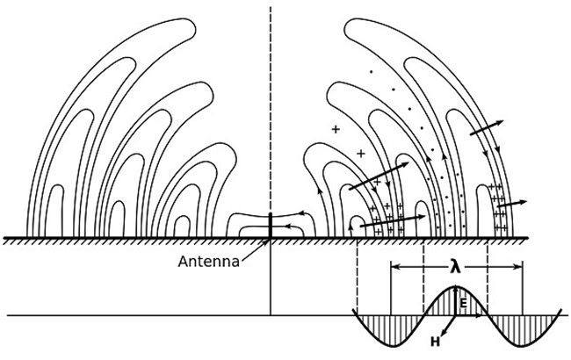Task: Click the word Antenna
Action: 209,261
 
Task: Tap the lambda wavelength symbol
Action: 456,268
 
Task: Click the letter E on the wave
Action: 463,303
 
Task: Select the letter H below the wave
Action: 435,342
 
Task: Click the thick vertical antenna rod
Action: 271,226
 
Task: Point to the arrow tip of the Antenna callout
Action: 269,240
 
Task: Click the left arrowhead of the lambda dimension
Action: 394,267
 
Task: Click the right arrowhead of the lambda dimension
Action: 520,267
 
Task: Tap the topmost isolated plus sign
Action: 336,129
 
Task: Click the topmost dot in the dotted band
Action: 371,72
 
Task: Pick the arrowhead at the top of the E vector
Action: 456,288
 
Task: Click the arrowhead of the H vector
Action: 443,332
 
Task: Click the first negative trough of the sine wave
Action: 393,345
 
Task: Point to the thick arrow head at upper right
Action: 499,122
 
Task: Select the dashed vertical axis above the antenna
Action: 271,109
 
